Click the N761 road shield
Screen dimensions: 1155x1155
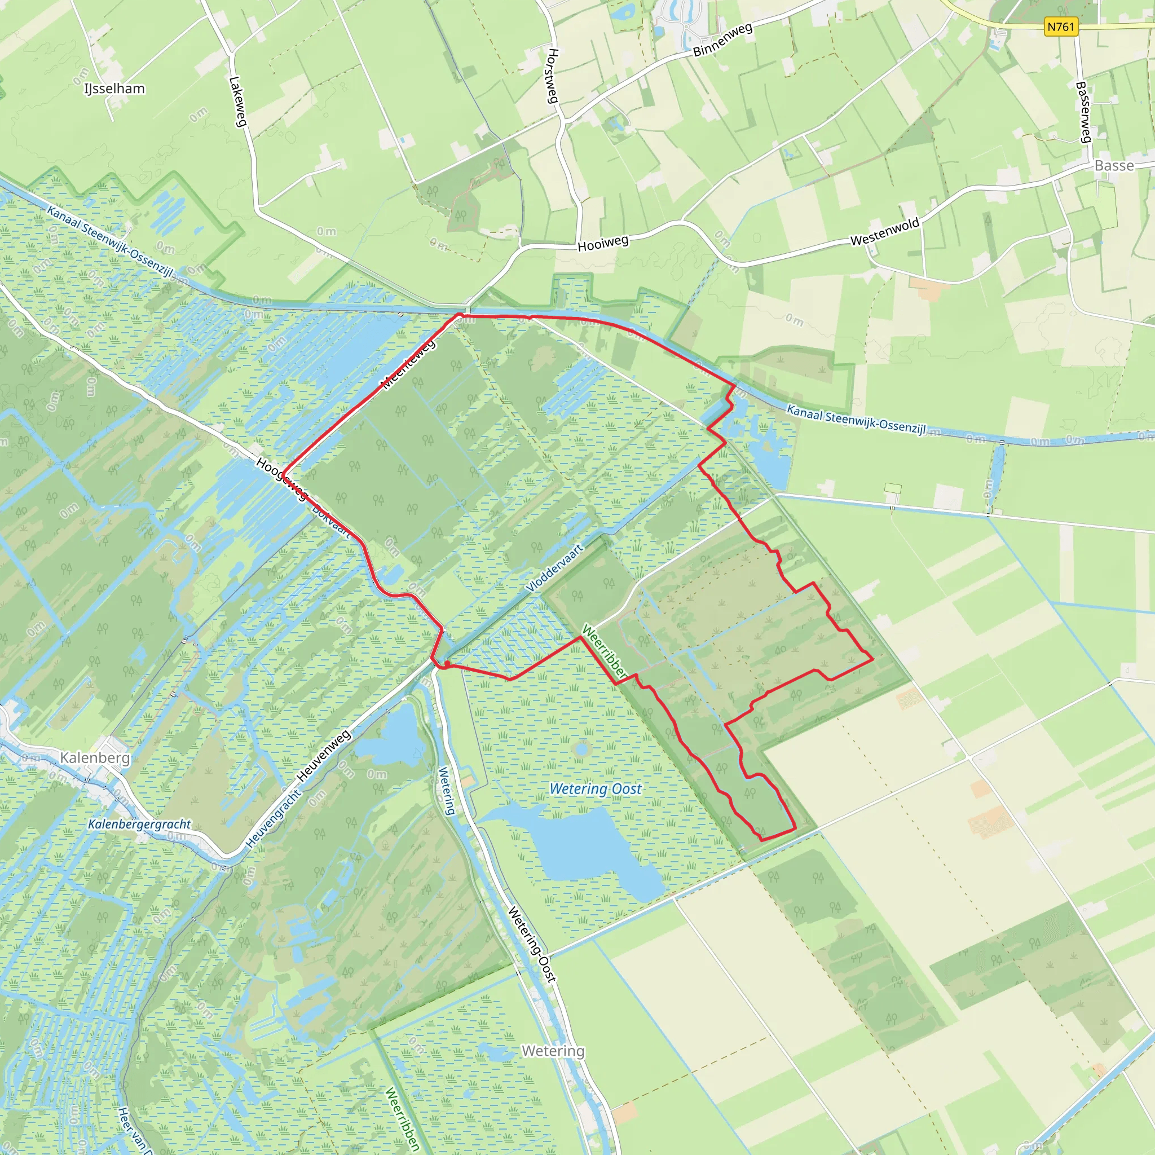[1061, 27]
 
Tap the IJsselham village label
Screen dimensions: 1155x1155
[114, 89]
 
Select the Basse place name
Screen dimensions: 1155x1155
[1114, 166]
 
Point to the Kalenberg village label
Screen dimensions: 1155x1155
[94, 758]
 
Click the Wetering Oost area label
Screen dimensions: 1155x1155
[596, 789]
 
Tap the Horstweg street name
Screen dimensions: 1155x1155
[553, 76]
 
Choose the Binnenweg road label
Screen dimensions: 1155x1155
[722, 40]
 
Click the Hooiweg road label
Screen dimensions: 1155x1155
[603, 243]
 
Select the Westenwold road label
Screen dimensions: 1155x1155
[885, 232]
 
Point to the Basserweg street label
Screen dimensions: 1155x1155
[1083, 112]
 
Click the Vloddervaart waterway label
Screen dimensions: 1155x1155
[554, 568]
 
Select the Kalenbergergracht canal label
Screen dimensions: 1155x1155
[139, 825]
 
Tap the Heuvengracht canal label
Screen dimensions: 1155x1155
[273, 819]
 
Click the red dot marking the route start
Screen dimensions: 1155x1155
[447, 664]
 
